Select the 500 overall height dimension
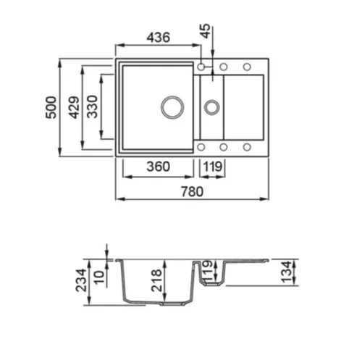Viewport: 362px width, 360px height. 50,107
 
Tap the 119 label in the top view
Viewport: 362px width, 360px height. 211,166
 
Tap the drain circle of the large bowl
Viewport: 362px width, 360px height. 172,106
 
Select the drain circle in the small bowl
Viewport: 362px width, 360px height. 211,107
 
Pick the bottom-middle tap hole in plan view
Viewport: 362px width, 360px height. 224,147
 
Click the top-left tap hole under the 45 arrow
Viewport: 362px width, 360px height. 201,67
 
